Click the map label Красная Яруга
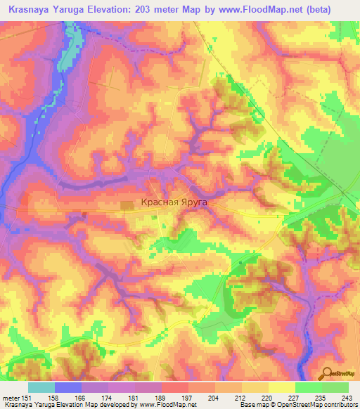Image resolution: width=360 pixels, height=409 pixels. (x=175, y=202)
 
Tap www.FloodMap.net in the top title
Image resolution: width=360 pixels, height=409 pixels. (x=274, y=10)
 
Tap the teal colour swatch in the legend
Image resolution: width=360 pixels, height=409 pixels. (x=41, y=387)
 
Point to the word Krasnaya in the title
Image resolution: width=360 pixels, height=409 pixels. (x=32, y=10)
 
